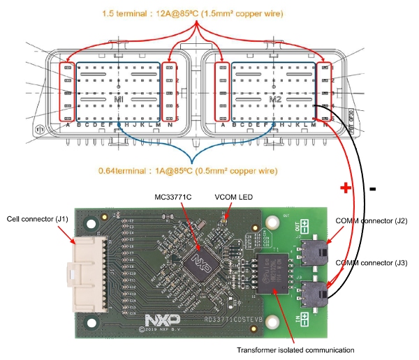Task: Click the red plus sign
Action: (x=344, y=188)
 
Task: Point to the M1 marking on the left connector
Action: (x=119, y=100)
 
